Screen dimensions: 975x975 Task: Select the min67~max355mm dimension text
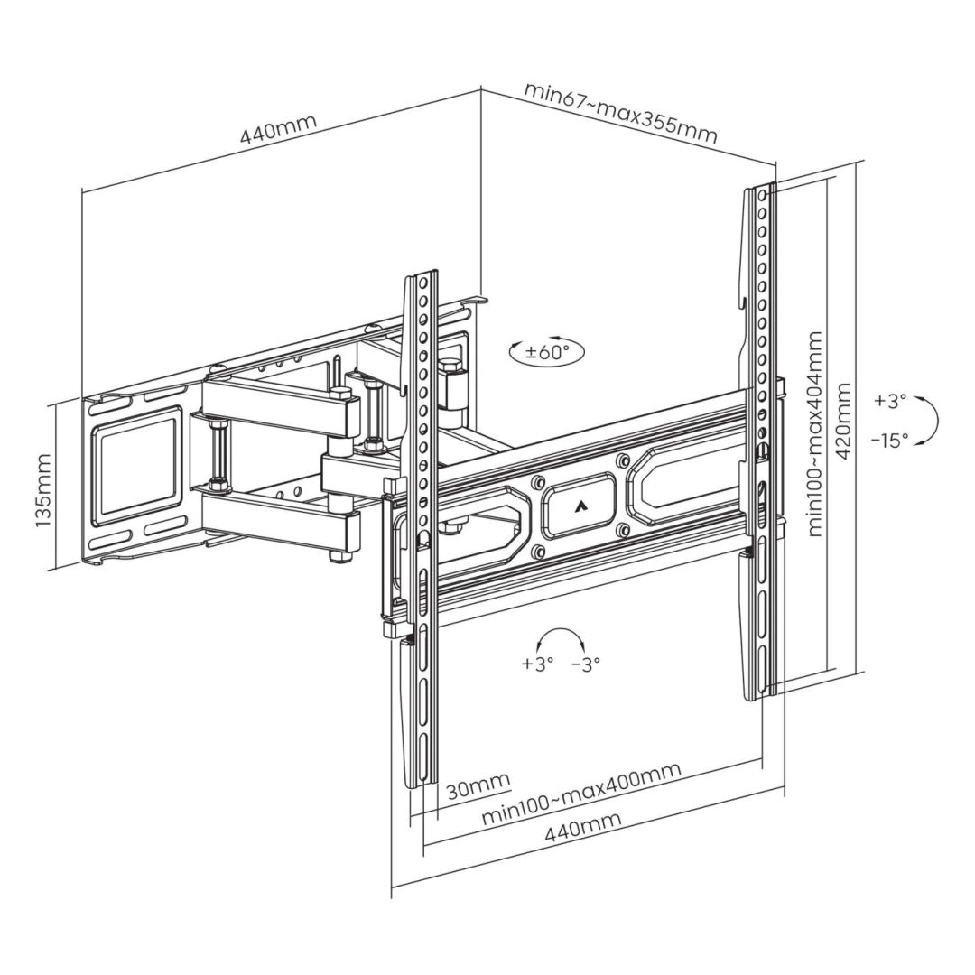click(620, 113)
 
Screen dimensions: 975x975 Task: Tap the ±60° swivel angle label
click(546, 352)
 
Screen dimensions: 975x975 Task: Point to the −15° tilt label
click(890, 441)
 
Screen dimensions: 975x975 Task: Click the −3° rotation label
click(585, 664)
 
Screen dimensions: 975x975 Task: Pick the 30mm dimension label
click(478, 785)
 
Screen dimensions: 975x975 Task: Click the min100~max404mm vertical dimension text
click(815, 434)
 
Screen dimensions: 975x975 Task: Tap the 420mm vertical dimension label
click(843, 421)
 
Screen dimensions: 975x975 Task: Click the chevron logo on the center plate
click(578, 506)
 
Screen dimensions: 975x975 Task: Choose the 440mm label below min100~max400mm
click(582, 829)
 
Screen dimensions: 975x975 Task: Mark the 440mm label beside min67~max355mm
click(272, 132)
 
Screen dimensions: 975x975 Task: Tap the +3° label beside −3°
click(536, 664)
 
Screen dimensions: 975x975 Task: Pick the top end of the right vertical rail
click(760, 190)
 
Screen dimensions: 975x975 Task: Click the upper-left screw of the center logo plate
click(538, 480)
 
